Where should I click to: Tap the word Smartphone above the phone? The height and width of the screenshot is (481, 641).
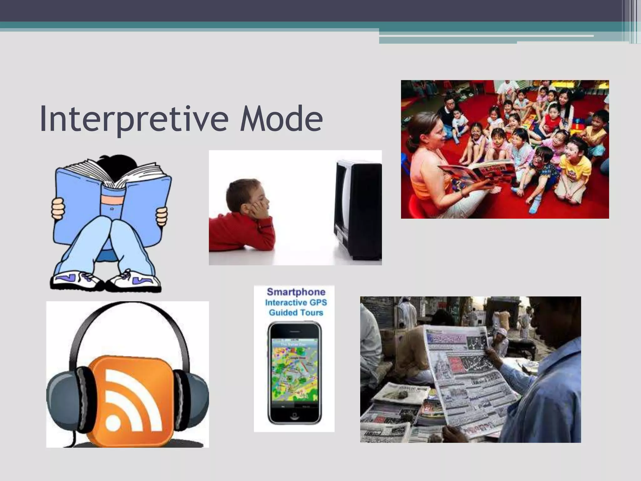click(x=296, y=292)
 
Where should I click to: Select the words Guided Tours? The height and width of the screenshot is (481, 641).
click(x=296, y=313)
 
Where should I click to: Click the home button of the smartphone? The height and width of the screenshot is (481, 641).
click(x=294, y=415)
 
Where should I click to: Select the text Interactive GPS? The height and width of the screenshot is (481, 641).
click(x=296, y=303)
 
